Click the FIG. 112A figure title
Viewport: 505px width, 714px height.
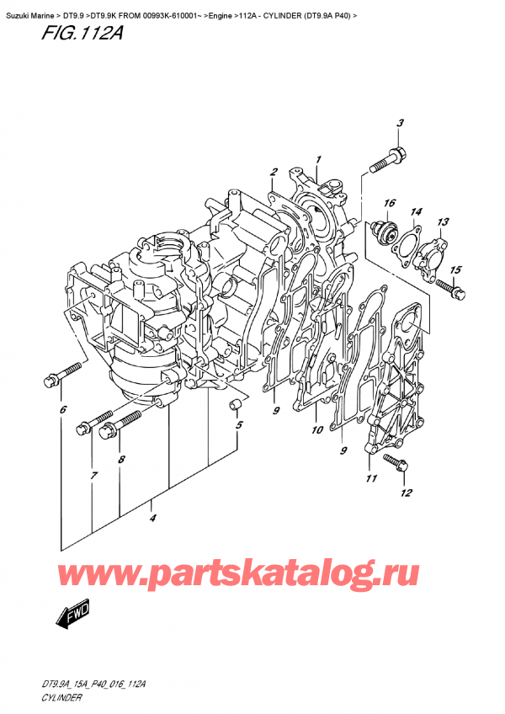[x=82, y=33]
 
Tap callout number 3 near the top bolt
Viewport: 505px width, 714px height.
[x=400, y=123]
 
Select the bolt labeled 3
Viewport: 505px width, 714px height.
[x=387, y=161]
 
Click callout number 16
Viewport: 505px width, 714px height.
[x=390, y=203]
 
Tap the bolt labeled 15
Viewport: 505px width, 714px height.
[x=450, y=289]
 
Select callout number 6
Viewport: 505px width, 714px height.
[x=63, y=410]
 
